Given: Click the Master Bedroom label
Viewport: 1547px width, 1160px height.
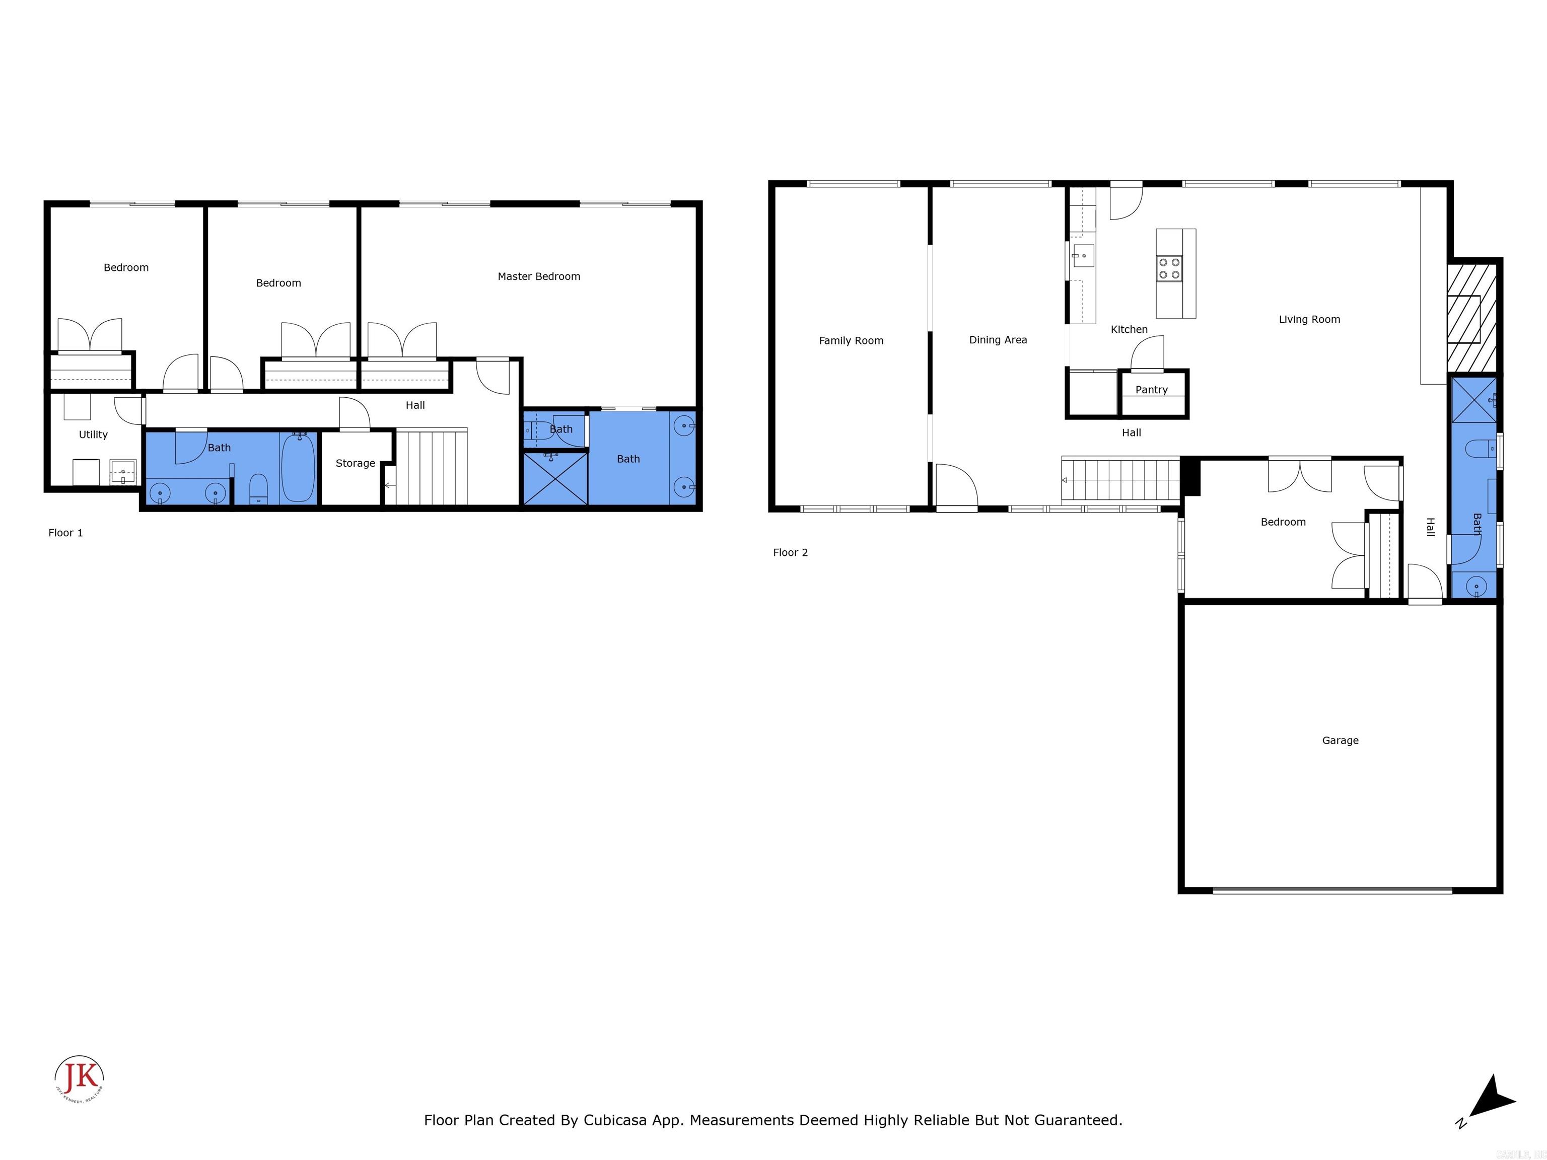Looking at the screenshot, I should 538,277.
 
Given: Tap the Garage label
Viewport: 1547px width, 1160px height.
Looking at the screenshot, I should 1340,741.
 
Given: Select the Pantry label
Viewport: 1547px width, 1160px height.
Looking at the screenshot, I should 1151,390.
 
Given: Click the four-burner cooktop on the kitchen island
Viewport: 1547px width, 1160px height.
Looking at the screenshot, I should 1169,268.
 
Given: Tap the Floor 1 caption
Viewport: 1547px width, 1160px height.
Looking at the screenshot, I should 65,533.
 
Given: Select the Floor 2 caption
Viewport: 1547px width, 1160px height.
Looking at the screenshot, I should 790,552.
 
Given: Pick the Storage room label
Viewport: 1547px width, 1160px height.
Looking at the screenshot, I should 356,463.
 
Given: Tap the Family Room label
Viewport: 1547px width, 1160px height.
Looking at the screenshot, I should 851,340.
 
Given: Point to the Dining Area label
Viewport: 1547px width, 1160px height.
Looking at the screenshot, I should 998,340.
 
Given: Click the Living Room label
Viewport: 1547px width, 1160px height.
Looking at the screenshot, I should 1309,320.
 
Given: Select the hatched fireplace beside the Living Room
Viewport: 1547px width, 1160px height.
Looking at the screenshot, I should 1471,318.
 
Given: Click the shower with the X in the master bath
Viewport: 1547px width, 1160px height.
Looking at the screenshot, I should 555,479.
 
